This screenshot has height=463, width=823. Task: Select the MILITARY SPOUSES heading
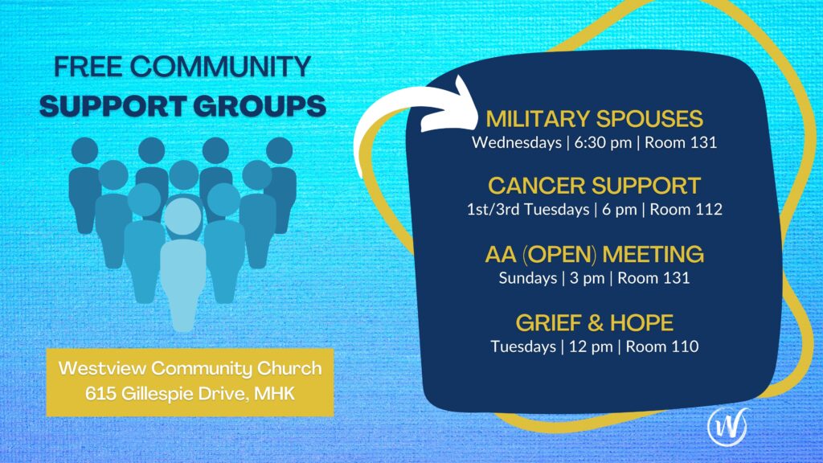pyautogui.click(x=594, y=119)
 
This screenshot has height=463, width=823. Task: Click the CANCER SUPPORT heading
pyautogui.click(x=594, y=186)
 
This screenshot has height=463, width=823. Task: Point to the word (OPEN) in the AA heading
pyautogui.click(x=559, y=255)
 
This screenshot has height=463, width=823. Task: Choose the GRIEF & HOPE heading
pyautogui.click(x=594, y=323)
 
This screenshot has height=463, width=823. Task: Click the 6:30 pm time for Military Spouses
pyautogui.click(x=603, y=142)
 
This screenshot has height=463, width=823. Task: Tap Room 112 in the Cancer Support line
pyautogui.click(x=686, y=210)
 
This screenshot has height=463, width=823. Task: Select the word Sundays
pyautogui.click(x=527, y=278)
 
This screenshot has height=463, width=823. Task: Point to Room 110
pyautogui.click(x=662, y=346)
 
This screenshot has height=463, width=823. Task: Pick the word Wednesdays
pyautogui.click(x=517, y=142)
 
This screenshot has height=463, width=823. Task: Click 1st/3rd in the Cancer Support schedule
pyautogui.click(x=493, y=210)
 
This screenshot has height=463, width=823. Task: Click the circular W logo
pyautogui.click(x=727, y=426)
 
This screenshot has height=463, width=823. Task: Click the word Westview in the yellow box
pyautogui.click(x=102, y=368)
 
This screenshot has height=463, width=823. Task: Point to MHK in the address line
pyautogui.click(x=275, y=393)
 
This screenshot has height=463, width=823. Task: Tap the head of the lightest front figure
pyautogui.click(x=183, y=215)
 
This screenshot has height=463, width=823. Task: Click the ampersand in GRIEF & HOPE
pyautogui.click(x=596, y=323)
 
